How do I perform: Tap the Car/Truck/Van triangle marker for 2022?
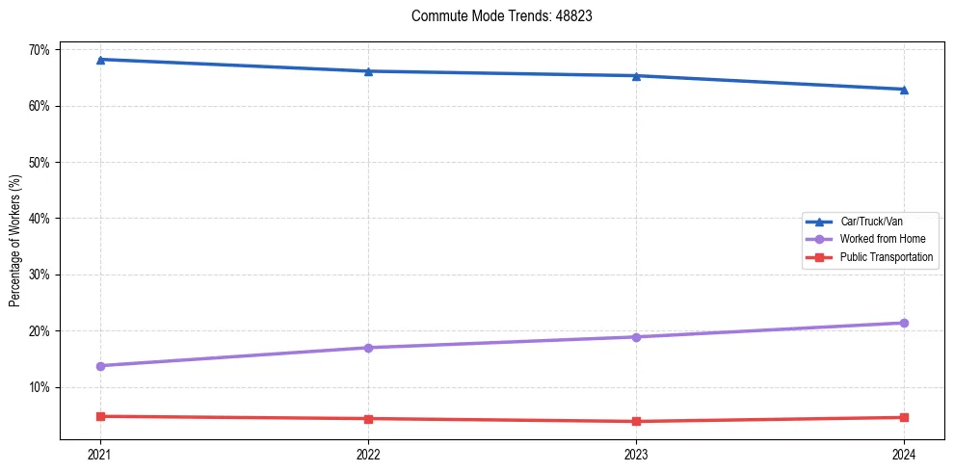[x=368, y=71]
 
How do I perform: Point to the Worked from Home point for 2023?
[x=636, y=337]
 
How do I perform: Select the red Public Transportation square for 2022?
[x=368, y=419]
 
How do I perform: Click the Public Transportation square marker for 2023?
[x=636, y=422]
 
